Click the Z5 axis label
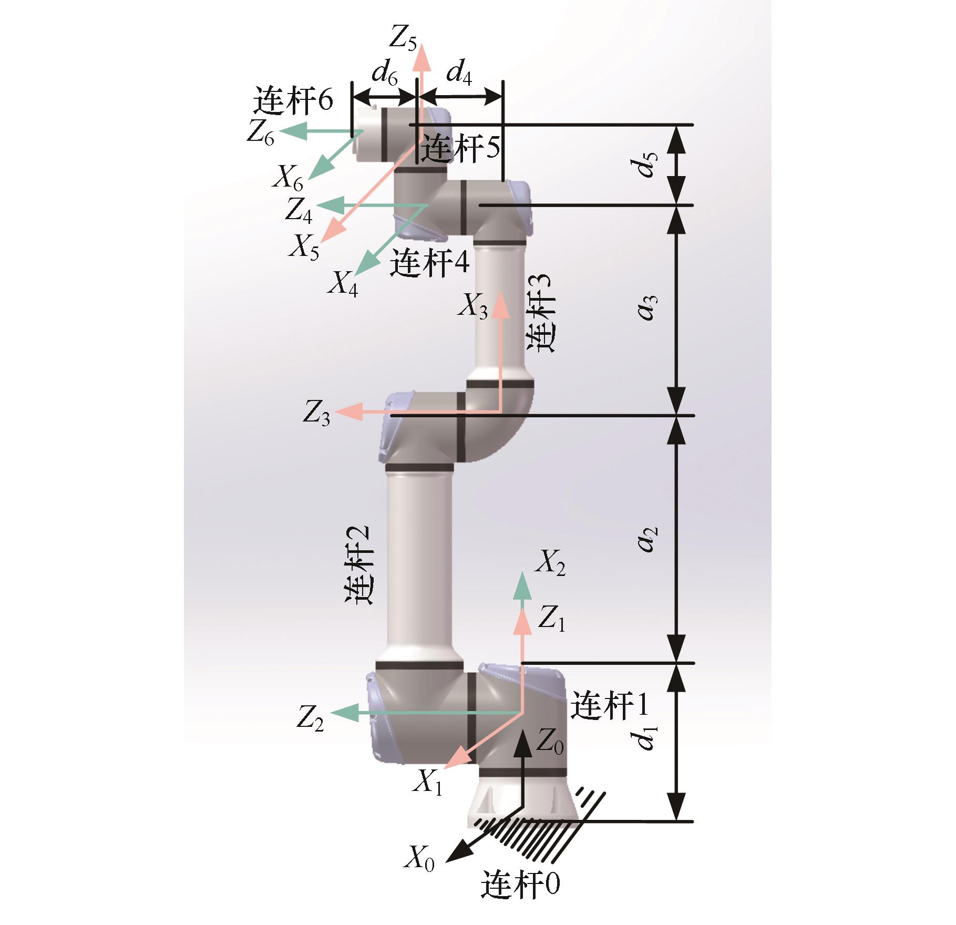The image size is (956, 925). coord(403,38)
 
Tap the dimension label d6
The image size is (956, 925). coord(385,73)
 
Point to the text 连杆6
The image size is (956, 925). coord(293,99)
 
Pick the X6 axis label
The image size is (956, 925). coord(288,177)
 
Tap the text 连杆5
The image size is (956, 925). coord(461,148)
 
